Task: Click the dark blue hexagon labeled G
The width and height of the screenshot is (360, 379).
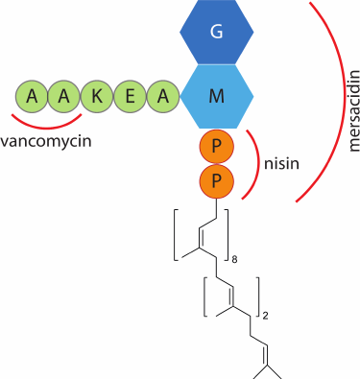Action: coord(217,33)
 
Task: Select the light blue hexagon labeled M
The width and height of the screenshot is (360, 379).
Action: coord(217,95)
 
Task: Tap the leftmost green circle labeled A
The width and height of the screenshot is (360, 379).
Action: coord(33,95)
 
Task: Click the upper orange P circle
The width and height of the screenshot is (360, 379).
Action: coord(217,148)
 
